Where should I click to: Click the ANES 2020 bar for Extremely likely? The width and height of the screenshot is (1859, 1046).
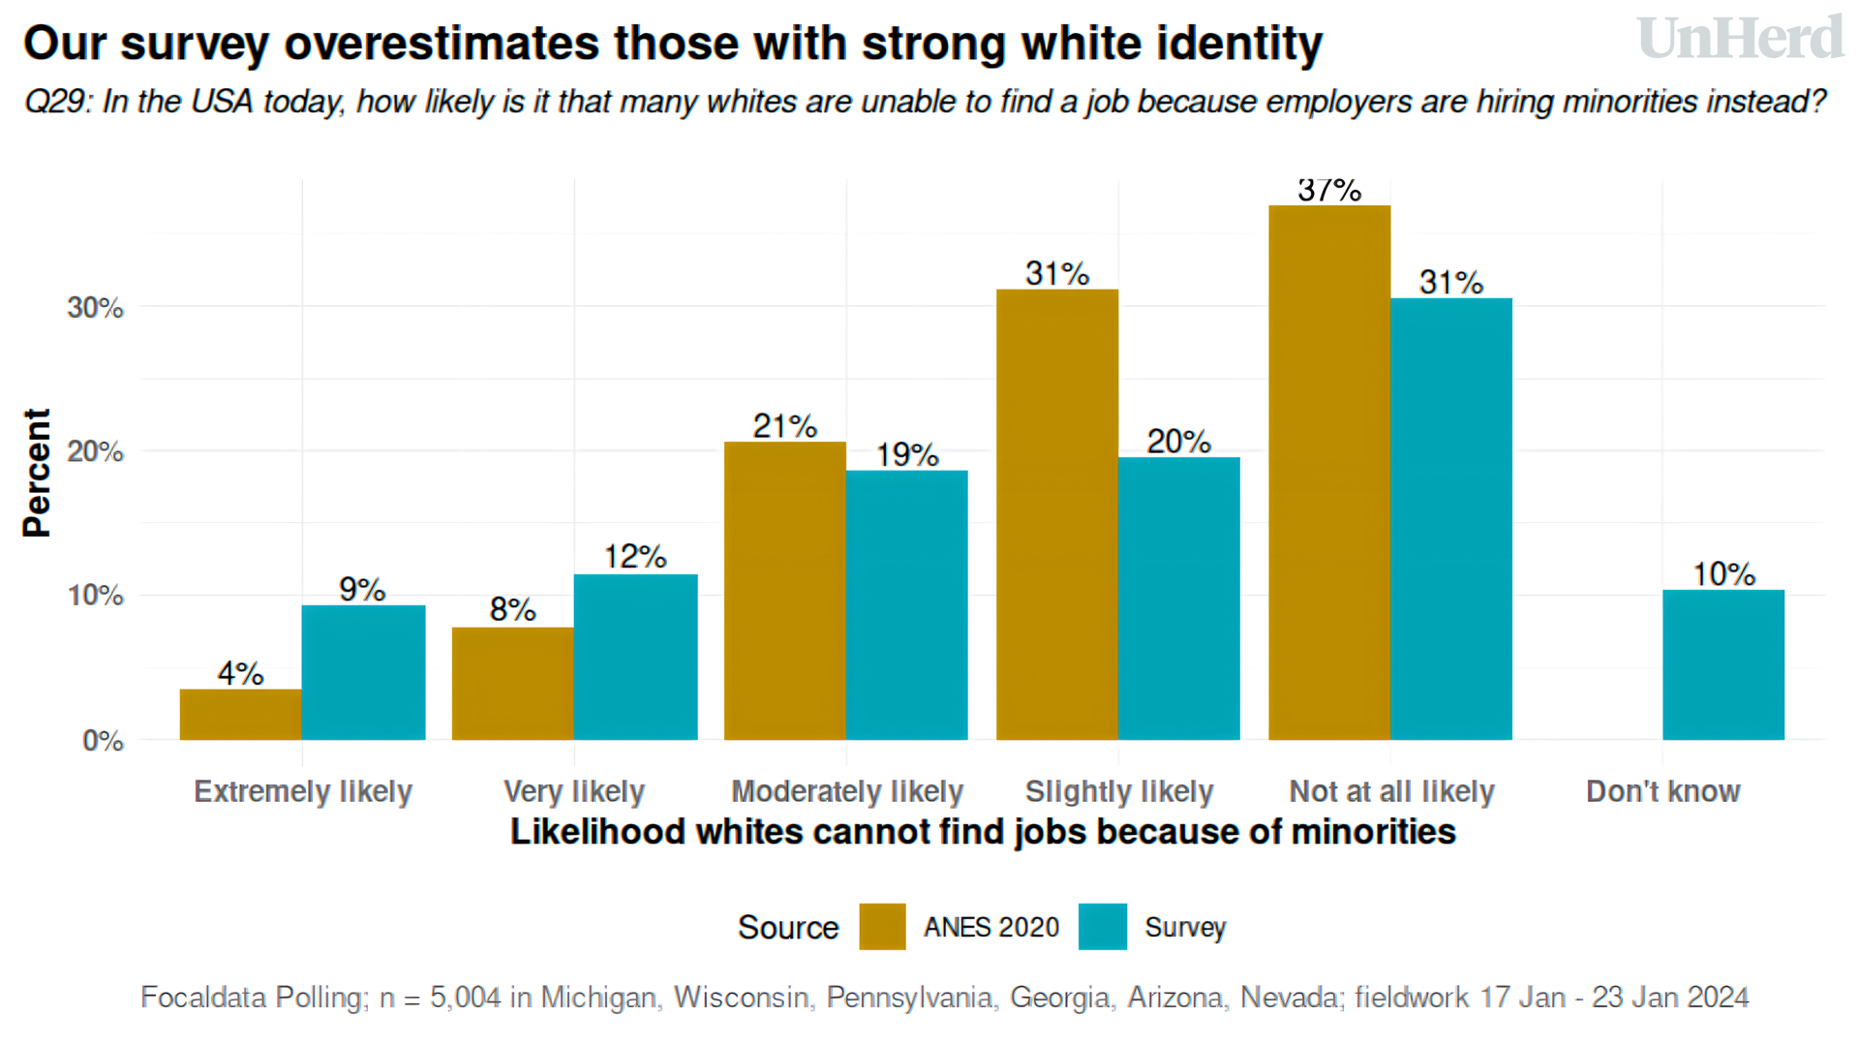pos(240,715)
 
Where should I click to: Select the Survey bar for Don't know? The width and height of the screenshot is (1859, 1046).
pos(1723,664)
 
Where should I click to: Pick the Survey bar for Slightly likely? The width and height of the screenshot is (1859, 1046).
pos(1178,599)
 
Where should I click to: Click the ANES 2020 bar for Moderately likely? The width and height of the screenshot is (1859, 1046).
pos(784,591)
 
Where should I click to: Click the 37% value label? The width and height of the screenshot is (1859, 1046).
pos(1329,191)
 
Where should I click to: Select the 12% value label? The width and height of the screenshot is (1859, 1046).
pos(635,557)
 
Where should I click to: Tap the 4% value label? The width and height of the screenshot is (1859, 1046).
pos(240,673)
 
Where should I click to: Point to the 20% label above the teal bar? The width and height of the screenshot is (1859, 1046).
pos(1178,442)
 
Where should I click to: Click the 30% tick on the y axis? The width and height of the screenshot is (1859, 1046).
pos(95,308)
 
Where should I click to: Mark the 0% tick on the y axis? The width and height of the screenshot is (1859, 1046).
pos(103,741)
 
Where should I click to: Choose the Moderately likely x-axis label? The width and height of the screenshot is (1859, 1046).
pos(847,791)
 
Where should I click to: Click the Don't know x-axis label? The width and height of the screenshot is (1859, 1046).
pos(1662,791)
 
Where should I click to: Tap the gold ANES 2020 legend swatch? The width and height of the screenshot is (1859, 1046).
pos(882,927)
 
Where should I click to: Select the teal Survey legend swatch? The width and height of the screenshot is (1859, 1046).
pos(1103,927)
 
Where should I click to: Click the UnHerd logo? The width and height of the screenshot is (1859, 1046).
pos(1740,39)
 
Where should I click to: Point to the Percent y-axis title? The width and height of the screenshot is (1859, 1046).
pos(37,473)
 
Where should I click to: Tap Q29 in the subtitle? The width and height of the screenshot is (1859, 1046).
pos(56,102)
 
